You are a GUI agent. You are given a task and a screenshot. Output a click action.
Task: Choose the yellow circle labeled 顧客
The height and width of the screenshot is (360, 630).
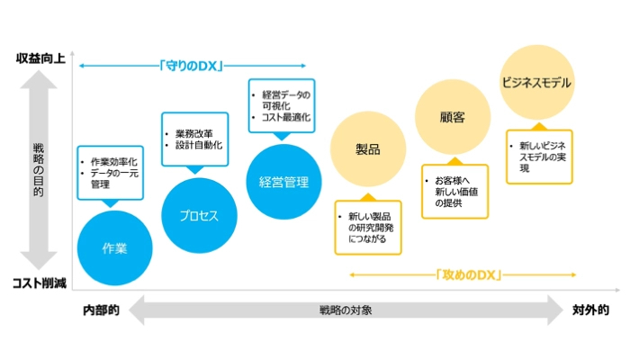[x=452, y=117]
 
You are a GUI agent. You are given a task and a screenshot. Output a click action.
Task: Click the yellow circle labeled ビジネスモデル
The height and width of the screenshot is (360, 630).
[x=536, y=83]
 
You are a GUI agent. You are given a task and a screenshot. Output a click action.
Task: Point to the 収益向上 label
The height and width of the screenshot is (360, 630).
[x=40, y=58]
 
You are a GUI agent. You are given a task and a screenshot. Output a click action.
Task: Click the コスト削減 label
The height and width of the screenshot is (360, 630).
[x=40, y=283]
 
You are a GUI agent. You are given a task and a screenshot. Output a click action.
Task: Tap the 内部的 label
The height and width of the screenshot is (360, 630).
[x=101, y=310]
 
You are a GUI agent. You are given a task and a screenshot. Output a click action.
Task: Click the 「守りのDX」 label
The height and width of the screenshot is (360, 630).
[x=191, y=66]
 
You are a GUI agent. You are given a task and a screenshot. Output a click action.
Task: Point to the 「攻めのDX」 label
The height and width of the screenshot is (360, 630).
[x=466, y=273]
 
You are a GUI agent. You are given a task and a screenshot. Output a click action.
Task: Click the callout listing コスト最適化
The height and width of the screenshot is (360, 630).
[x=282, y=105]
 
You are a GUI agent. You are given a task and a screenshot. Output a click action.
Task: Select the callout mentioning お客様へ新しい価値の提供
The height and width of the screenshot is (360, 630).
[x=454, y=191]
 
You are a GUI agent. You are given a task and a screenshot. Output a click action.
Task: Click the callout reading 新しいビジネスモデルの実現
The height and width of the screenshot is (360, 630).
[x=541, y=157]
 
